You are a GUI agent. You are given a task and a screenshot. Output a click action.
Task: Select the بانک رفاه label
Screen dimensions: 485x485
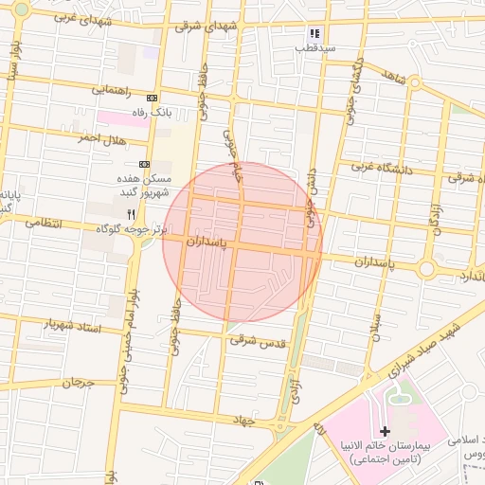click(x=152, y=112)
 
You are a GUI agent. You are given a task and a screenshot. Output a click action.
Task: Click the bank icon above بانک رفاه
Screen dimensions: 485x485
click(x=152, y=99)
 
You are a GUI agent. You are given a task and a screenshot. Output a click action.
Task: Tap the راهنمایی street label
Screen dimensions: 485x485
click(x=111, y=90)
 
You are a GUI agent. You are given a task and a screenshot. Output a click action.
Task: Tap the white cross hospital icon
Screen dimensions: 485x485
click(x=385, y=431)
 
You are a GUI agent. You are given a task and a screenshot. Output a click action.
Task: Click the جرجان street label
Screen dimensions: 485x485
click(x=81, y=384)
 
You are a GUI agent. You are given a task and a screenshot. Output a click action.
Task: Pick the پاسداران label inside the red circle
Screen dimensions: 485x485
click(x=207, y=242)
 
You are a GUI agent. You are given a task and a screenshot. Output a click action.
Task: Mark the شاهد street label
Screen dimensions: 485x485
click(x=394, y=77)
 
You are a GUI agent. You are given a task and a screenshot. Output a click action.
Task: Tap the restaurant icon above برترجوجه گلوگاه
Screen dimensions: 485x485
click(x=130, y=214)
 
